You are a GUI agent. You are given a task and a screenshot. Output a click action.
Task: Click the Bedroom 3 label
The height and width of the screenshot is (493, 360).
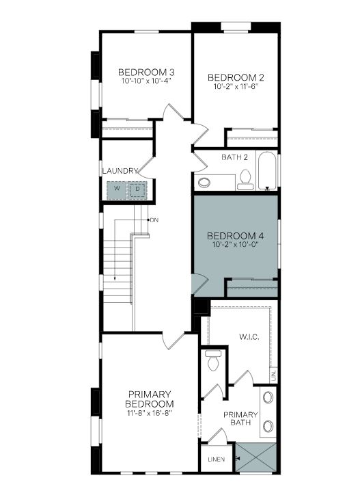(x=146, y=72)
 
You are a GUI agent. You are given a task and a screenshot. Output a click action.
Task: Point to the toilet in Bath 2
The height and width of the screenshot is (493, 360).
(x=245, y=180)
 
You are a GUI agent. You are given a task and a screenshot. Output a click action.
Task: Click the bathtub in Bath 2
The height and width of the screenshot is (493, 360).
(x=267, y=171)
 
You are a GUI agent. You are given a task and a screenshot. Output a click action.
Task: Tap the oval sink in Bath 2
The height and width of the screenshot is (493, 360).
(x=204, y=183)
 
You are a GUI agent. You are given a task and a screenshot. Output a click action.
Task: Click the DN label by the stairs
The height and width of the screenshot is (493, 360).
(x=154, y=220)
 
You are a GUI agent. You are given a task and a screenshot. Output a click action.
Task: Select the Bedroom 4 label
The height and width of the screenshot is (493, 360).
(x=235, y=235)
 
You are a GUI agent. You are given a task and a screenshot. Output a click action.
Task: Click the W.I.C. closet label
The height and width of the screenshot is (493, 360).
(x=249, y=337)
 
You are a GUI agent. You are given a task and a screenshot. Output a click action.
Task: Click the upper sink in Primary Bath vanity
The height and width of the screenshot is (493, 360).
(x=268, y=397)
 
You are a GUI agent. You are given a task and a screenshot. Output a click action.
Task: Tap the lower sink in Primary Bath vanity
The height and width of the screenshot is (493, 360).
(x=268, y=426)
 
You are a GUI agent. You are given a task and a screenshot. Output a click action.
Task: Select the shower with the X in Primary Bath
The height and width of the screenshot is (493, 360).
(x=255, y=457)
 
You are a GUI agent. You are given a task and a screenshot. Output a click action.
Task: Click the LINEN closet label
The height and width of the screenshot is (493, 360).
(x=216, y=459)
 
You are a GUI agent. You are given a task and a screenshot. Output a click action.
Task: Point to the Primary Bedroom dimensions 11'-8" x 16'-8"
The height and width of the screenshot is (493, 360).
(x=149, y=412)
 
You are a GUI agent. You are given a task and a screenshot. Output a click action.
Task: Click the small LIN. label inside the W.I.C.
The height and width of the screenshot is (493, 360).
(x=274, y=375)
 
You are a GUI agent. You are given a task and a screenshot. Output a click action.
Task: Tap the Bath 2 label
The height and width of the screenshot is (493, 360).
(x=234, y=157)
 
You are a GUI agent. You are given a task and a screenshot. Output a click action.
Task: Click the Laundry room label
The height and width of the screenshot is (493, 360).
(x=120, y=171)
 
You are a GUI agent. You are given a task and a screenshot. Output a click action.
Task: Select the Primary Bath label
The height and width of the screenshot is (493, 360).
(x=240, y=418)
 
